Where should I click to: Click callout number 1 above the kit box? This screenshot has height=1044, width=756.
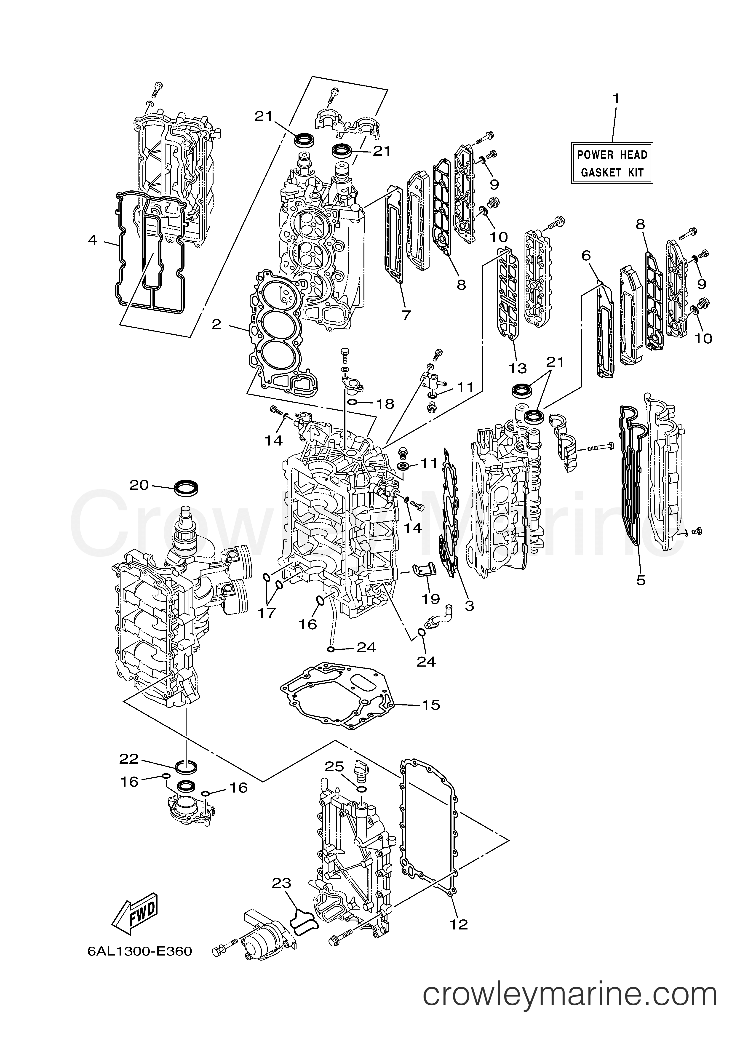click(615, 99)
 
